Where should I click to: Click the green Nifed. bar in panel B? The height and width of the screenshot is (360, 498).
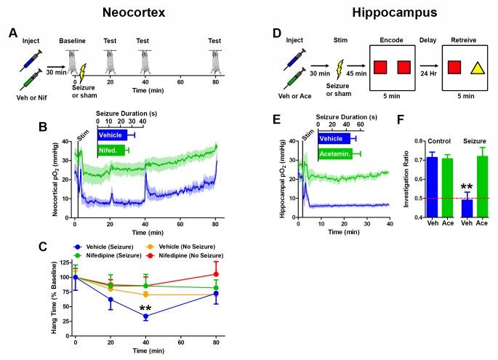pos(110,151)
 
